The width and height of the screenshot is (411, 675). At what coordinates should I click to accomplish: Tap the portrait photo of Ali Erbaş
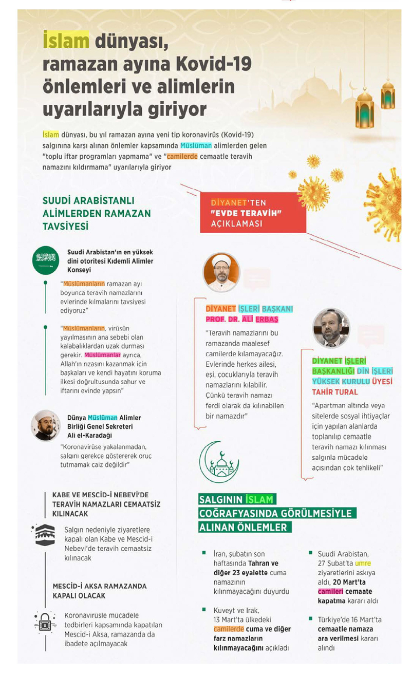[221, 272]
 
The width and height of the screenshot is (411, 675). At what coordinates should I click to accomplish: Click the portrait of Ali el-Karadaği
[46, 425]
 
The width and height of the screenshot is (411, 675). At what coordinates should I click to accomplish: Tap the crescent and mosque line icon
[219, 462]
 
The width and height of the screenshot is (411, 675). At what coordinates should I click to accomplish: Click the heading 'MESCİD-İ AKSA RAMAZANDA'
[99, 586]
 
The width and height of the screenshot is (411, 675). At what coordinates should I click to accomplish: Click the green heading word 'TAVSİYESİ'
[65, 226]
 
